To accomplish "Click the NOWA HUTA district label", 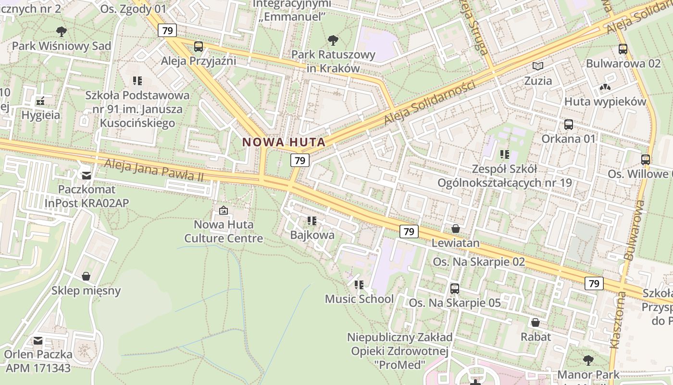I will (284, 142).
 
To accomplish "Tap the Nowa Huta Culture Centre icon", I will (223, 210).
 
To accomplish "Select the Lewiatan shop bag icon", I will (455, 229).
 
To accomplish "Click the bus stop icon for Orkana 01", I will (569, 125).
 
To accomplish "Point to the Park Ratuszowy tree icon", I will (333, 40).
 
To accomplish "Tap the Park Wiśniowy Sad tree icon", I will (61, 32).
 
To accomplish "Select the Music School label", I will (359, 299).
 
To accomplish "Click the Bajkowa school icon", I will (312, 221).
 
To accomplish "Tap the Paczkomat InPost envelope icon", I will (87, 175).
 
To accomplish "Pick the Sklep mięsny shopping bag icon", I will (86, 276).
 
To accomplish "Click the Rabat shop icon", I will (536, 322).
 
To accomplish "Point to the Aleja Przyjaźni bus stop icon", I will (198, 47).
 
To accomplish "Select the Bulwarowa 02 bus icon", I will (623, 49).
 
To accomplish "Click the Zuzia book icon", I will (538, 66).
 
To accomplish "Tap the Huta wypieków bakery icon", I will (605, 88).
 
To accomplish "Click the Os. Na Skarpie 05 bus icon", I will (454, 289).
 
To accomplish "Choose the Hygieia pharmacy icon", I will (40, 101).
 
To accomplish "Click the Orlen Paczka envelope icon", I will (37, 341).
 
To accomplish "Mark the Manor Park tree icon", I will (588, 360).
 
